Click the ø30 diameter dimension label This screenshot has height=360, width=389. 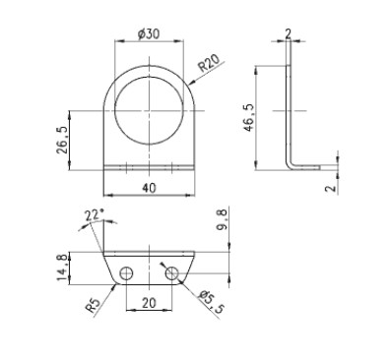click(x=149, y=33)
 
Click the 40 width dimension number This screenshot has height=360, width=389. click(x=150, y=188)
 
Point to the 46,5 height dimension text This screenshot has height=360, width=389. click(x=249, y=118)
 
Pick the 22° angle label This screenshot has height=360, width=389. click(x=95, y=214)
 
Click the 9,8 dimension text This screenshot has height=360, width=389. click(x=223, y=220)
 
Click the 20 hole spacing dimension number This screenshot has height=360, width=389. click(x=150, y=303)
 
